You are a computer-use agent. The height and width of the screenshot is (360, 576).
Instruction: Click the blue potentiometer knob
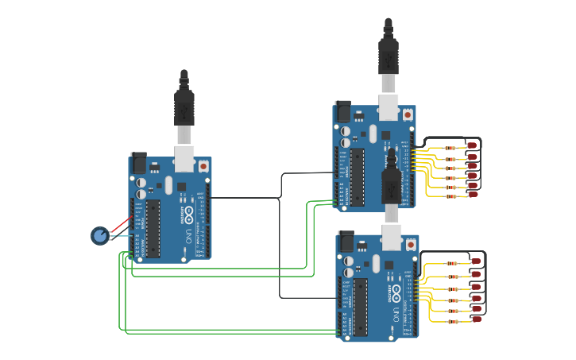click(x=99, y=235)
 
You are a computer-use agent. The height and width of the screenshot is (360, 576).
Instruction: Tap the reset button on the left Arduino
click(x=203, y=166)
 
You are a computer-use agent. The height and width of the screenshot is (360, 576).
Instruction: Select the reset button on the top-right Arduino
click(x=408, y=114)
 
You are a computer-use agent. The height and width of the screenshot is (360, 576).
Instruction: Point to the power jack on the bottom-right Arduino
click(x=346, y=240)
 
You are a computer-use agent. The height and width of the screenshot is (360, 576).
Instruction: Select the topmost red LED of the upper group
click(x=472, y=146)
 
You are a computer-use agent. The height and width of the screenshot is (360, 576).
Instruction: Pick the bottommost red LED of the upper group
click(x=473, y=194)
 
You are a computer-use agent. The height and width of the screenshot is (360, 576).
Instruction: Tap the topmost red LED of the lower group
click(x=476, y=261)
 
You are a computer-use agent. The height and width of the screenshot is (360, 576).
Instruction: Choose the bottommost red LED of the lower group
click(x=477, y=319)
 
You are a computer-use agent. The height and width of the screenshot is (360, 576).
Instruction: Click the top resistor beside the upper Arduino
click(x=450, y=148)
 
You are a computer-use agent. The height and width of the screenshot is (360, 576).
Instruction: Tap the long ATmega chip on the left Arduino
click(x=153, y=229)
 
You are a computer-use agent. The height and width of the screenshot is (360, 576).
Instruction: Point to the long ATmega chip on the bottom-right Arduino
click(x=361, y=306)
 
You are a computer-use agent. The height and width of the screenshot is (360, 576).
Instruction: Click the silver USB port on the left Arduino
click(x=184, y=158)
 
